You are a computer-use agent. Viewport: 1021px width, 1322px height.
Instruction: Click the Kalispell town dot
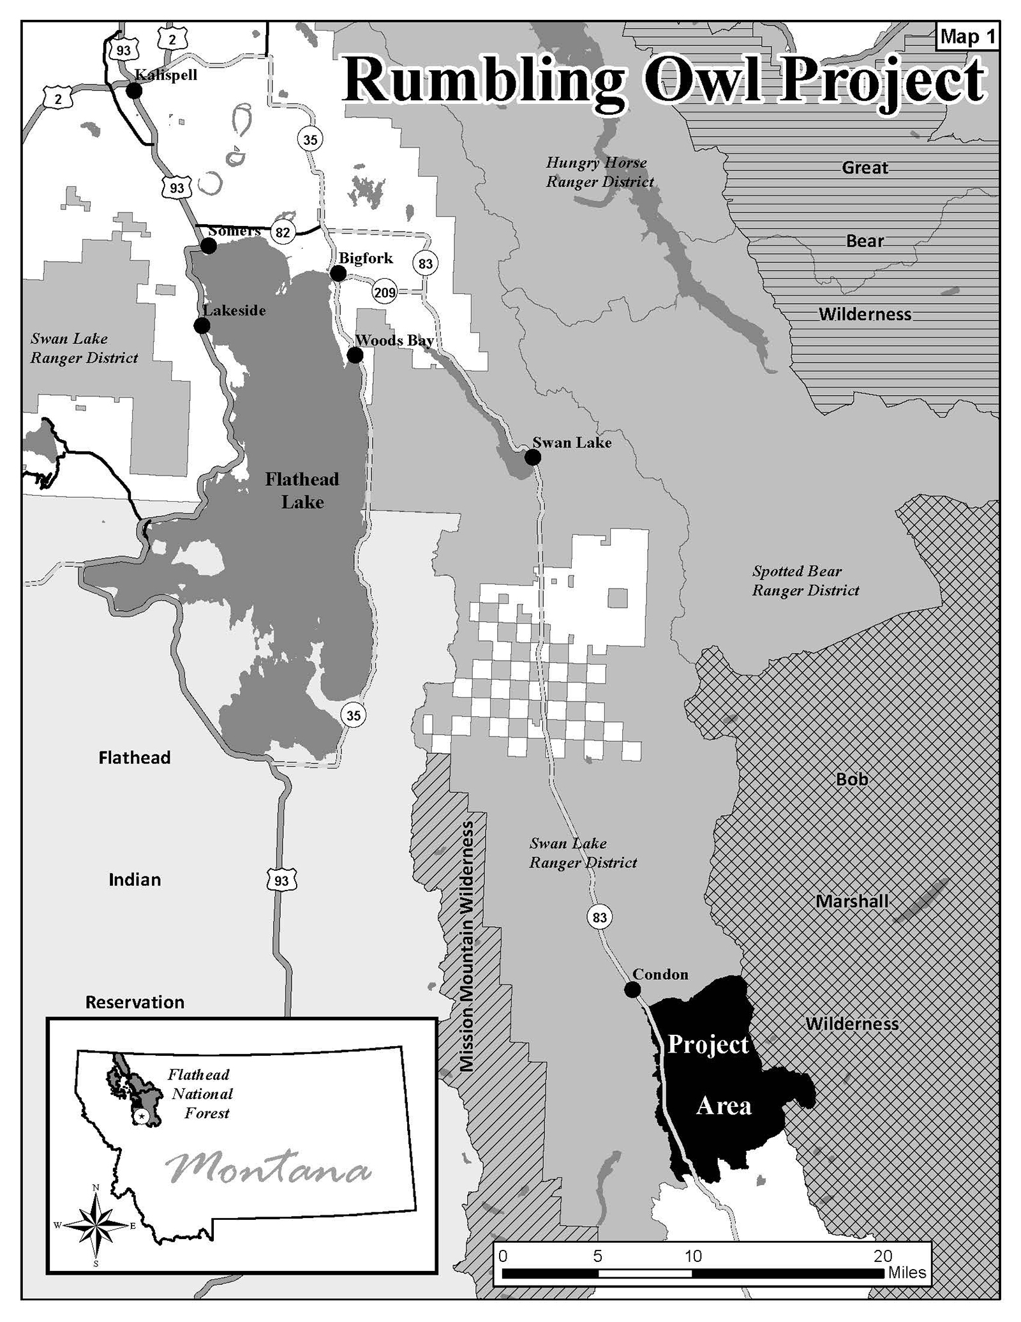pos(134,91)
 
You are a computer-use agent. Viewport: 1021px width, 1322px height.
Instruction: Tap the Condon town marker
pos(632,989)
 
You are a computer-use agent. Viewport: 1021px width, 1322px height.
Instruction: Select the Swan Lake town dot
pos(533,457)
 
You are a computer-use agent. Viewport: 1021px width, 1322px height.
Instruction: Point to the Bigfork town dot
pos(338,273)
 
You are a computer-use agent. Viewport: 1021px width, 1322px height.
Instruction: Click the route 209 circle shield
pos(385,292)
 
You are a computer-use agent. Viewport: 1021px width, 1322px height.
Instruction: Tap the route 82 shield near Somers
pos(283,232)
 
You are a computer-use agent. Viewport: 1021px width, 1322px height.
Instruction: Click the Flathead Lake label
pos(302,490)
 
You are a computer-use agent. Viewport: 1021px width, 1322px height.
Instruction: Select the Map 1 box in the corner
pos(967,37)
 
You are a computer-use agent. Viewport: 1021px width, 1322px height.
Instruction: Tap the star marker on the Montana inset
pos(142,1115)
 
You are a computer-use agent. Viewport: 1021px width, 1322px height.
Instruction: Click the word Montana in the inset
pos(268,1169)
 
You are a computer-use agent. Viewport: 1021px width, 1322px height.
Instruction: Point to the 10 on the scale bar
pos(693,1257)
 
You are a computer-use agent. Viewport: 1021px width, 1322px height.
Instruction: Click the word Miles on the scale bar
pos(907,1272)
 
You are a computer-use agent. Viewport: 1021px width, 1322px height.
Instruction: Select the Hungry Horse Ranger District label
pos(599,172)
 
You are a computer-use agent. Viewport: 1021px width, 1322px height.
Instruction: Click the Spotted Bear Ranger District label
pos(805,580)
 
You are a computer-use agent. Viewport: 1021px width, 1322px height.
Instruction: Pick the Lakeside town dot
pos(202,326)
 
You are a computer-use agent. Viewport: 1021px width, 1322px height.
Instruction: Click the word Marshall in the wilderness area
pos(852,901)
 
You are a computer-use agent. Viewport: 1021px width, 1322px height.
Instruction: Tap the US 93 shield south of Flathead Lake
pos(281,881)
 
